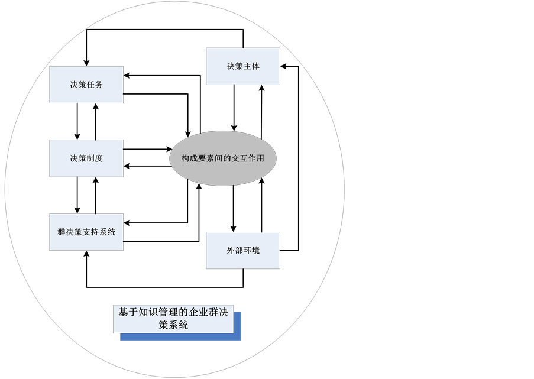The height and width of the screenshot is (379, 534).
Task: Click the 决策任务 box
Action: (86, 85)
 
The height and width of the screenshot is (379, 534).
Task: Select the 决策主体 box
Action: (243, 66)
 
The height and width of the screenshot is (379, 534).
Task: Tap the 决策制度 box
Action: (86, 158)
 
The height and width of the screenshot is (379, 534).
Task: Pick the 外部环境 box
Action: (243, 250)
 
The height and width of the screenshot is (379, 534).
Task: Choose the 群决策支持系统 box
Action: (86, 232)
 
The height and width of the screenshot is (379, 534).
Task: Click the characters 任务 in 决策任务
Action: (95, 85)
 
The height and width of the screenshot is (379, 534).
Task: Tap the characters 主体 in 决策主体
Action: (251, 66)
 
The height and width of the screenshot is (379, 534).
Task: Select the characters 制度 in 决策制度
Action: (95, 158)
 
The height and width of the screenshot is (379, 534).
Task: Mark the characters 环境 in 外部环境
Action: (251, 250)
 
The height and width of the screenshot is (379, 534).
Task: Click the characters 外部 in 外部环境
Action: (235, 250)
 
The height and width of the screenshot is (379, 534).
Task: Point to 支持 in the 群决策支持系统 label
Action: (90, 232)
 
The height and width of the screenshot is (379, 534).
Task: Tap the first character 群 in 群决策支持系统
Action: (62, 232)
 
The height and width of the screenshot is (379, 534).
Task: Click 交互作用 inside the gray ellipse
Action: (248, 158)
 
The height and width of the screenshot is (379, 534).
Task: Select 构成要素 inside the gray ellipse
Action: (198, 158)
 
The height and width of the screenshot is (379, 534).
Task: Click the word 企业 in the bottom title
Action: (199, 312)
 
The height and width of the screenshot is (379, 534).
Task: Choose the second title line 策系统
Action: (173, 325)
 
